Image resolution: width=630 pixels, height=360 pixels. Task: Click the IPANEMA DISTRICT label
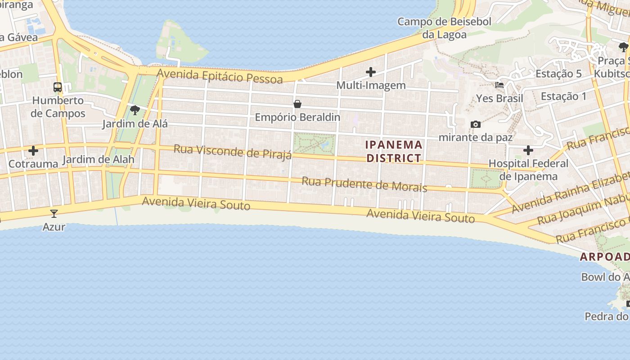394,151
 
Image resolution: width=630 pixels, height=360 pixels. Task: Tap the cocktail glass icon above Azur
54,213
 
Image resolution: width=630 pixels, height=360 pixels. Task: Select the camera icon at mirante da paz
475,124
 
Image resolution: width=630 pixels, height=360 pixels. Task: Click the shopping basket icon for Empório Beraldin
297,104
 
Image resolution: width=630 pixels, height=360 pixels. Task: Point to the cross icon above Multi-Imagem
371,72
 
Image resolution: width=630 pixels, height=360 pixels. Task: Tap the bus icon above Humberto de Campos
58,87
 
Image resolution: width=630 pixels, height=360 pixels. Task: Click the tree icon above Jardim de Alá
135,110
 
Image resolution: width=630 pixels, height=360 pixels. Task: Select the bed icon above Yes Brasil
499,85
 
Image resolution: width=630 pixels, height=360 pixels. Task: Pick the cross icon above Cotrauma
33,151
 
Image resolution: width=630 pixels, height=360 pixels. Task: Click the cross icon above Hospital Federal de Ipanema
528,150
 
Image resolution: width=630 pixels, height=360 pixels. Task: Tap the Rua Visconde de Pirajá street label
233,152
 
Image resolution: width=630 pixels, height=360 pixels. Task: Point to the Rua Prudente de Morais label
364,184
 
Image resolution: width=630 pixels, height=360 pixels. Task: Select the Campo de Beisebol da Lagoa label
444,28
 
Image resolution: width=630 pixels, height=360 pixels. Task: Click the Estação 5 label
558,74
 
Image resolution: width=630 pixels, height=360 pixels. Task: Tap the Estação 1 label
563,96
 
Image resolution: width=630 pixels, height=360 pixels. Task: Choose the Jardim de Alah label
98,159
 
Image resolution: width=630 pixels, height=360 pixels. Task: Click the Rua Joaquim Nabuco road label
583,210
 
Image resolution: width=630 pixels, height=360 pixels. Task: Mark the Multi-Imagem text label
371,85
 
